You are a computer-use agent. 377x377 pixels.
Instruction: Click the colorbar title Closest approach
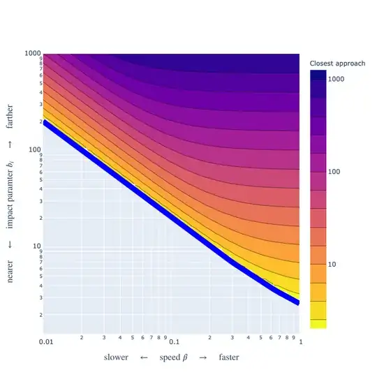[x=337, y=64]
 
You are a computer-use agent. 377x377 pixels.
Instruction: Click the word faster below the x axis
[x=228, y=357]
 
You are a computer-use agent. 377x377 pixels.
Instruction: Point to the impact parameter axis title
[x=10, y=197]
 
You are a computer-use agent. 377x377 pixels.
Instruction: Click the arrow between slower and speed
[x=143, y=357]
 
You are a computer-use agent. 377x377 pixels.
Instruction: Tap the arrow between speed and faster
[x=203, y=357]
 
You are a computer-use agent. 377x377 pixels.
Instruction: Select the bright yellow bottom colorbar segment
[x=318, y=323]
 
